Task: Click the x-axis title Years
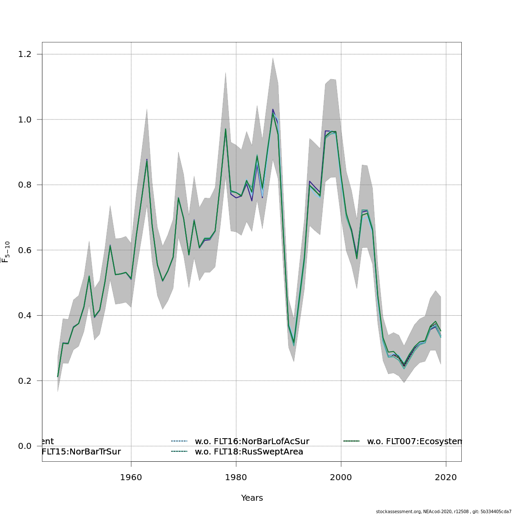coord(252,498)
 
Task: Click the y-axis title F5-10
coord(6,252)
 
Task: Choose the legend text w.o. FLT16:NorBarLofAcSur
coord(252,442)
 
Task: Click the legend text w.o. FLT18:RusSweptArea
coord(249,452)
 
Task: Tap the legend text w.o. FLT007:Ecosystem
coord(414,442)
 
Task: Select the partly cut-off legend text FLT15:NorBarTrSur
coord(81,452)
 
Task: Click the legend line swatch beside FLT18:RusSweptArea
coord(179,451)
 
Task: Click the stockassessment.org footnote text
coord(444,511)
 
